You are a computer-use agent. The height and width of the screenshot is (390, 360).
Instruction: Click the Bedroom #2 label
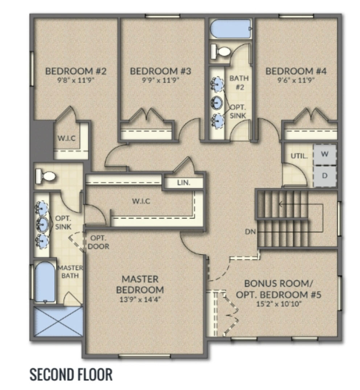pos(75,71)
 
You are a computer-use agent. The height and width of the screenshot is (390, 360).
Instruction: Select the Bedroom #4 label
pos(296,71)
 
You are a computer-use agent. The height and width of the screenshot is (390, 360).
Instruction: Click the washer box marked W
pos(325,154)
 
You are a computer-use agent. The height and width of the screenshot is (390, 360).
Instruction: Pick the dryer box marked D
pos(325,176)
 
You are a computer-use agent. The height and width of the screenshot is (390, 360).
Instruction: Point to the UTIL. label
pos(299,157)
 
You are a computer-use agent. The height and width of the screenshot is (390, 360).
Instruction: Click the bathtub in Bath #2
pos(231,29)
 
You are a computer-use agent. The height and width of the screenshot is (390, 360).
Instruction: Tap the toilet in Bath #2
pos(220,51)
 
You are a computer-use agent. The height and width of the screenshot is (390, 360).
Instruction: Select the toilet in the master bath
pos(45,177)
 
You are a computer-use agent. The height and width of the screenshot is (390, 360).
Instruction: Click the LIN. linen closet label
pos(184,183)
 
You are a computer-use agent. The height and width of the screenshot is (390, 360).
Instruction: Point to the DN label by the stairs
pos(250,231)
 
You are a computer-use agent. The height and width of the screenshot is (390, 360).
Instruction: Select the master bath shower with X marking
pos(58,321)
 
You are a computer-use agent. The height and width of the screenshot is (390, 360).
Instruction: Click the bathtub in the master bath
pos(45,281)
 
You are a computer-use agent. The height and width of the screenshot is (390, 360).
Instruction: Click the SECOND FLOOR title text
pos(71,374)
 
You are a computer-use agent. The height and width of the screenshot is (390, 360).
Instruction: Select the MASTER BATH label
pos(70,272)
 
